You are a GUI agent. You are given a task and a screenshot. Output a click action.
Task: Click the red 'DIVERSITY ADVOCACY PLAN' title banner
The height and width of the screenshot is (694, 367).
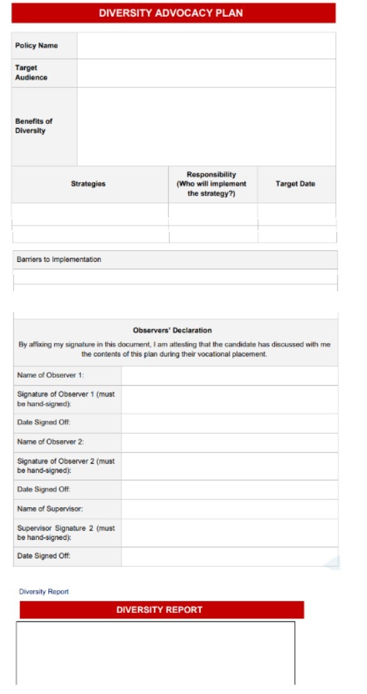[171, 13]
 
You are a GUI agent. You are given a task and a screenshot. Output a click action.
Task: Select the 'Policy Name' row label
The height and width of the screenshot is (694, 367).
[36, 46]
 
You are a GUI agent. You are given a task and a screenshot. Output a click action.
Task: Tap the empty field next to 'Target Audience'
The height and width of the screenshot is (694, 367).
[206, 73]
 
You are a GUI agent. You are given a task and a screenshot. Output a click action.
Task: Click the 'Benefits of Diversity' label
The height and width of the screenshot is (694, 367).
[33, 126]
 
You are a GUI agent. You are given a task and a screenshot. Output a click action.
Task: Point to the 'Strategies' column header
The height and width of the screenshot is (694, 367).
[88, 184]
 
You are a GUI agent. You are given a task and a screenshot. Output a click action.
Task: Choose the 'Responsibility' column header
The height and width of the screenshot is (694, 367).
[212, 184]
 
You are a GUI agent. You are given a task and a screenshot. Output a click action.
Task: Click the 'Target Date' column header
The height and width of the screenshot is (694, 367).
[295, 184]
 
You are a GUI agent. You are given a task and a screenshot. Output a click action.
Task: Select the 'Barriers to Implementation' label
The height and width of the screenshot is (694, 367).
[59, 260]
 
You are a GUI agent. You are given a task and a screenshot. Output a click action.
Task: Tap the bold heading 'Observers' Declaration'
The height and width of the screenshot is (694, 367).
[172, 330]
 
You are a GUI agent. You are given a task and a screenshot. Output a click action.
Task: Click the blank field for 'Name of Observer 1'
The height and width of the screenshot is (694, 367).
[229, 376]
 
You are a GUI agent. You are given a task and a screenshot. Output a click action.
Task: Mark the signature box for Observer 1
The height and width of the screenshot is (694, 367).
[229, 399]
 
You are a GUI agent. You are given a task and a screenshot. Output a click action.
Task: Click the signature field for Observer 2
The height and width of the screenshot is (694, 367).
[229, 466]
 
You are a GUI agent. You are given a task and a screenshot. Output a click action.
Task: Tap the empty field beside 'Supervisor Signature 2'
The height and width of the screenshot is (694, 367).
[229, 533]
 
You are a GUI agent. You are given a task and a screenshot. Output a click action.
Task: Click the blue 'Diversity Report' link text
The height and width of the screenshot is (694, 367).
[44, 592]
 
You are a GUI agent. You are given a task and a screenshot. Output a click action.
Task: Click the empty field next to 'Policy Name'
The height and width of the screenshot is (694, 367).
[206, 46]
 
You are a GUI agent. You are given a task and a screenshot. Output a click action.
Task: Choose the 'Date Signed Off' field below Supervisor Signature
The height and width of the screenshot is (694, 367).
[229, 557]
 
